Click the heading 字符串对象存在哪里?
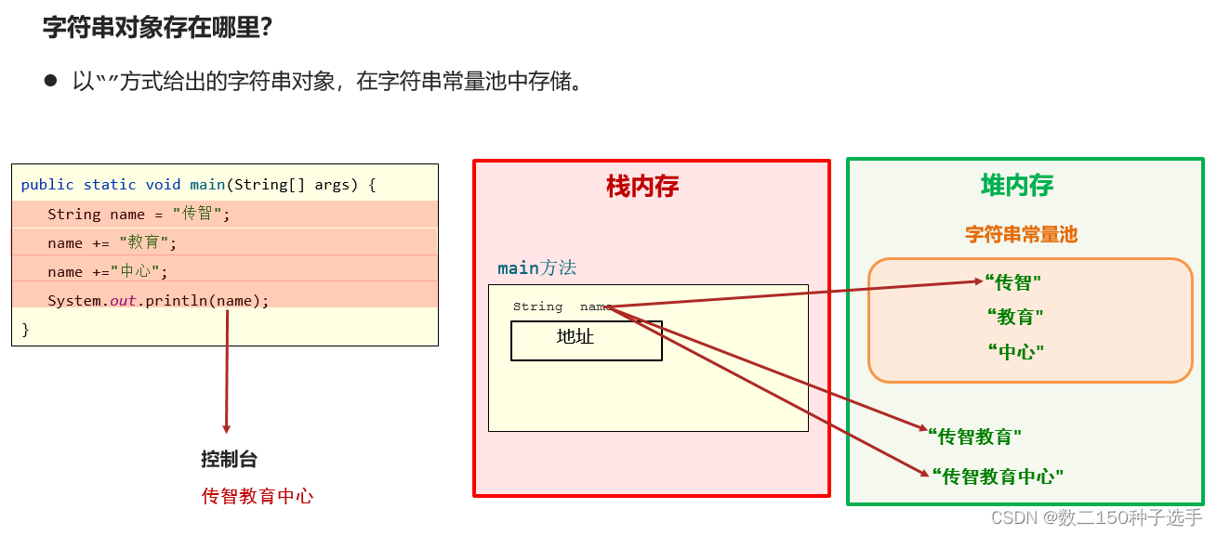coord(157,27)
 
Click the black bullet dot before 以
coord(50,81)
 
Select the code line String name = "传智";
coord(139,215)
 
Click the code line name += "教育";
coord(112,243)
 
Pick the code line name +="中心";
coord(108,272)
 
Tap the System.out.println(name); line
coord(158,301)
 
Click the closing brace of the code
coord(26,329)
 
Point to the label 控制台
coord(229,459)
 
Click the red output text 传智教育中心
coord(258,496)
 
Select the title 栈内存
coord(642,187)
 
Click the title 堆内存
coord(1017,186)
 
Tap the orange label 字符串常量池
coord(1021,234)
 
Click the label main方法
coord(536,268)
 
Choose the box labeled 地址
coord(586,340)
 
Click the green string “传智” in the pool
coord(1014,282)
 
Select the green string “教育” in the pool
coord(1014,317)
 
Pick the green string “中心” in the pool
coord(1015,351)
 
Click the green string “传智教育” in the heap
coord(975,436)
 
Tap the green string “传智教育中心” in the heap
coord(997,476)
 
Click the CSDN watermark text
coord(1096,517)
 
